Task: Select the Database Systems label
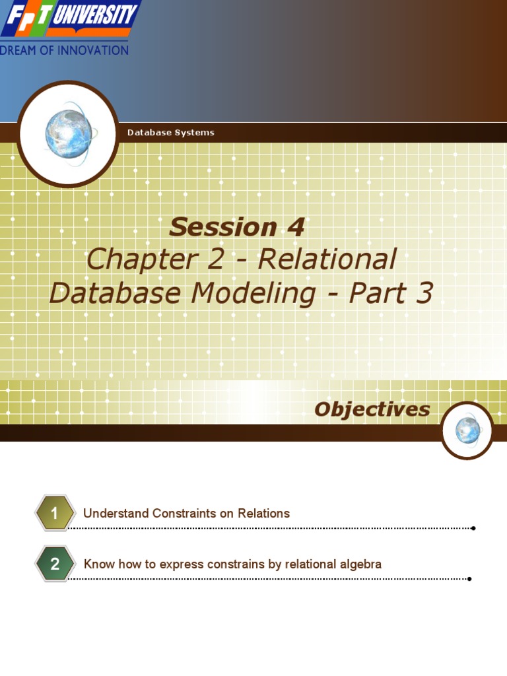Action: coord(170,133)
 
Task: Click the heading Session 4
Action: coord(236,227)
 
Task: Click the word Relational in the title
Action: coord(327,259)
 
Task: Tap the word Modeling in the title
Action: coord(253,292)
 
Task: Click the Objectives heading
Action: coord(372,409)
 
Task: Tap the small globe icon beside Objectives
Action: coord(467,430)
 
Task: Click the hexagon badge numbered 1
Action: coord(55,513)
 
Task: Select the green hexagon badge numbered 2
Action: coord(55,564)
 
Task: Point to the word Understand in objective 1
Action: coord(116,513)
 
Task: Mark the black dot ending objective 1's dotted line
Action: coord(473,528)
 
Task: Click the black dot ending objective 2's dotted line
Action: coord(469,579)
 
